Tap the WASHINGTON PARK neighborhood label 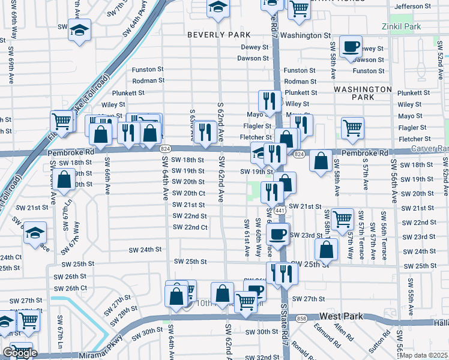[x=363, y=92]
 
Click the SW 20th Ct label [x=189, y=193]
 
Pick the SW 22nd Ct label [x=190, y=227]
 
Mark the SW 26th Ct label [x=76, y=288]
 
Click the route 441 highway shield [x=280, y=211]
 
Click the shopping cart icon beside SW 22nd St [x=342, y=219]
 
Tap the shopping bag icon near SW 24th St [x=326, y=249]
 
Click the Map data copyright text [x=424, y=355]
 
